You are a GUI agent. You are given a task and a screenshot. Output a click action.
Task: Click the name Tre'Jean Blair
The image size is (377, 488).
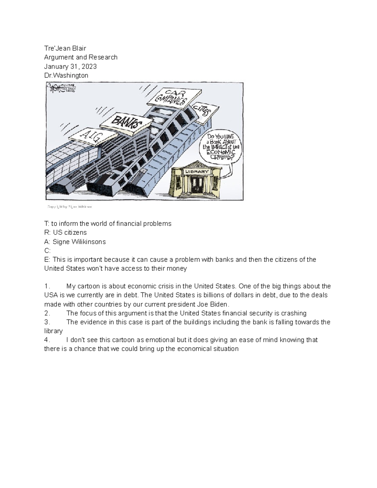(x=65, y=48)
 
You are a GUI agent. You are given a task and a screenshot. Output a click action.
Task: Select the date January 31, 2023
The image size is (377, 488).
(x=70, y=67)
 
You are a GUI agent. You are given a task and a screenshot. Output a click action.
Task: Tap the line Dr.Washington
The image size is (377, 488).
(x=66, y=75)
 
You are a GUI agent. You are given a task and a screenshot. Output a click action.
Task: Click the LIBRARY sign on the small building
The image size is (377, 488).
(x=197, y=172)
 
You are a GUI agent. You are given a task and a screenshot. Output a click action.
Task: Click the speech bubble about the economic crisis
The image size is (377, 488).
(x=221, y=147)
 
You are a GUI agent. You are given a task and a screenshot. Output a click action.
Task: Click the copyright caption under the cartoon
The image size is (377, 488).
(x=69, y=207)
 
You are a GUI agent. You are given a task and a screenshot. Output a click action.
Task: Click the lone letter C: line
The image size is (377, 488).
(x=47, y=251)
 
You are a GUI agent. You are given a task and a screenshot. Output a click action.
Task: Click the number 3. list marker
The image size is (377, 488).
(x=47, y=322)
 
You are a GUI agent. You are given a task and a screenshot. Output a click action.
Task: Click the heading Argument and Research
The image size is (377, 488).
(x=81, y=57)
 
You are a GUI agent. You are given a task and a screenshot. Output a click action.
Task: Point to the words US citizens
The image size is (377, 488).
(x=70, y=233)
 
